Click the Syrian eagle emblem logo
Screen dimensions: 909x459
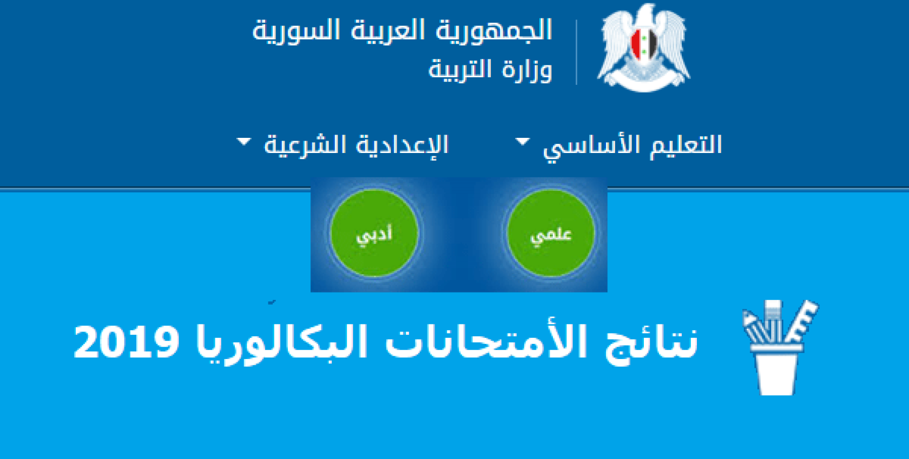coord(643,47)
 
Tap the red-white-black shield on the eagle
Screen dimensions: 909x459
coord(644,44)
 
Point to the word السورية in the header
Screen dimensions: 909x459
coord(296,31)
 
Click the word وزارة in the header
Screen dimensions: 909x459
coord(527,70)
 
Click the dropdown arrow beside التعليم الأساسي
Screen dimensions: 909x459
coord(522,142)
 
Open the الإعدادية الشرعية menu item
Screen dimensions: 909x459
coord(356,145)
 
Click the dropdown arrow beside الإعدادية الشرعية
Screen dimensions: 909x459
coord(243,142)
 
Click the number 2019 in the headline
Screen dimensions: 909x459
coord(126,342)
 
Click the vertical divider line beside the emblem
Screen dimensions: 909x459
coord(576,52)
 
